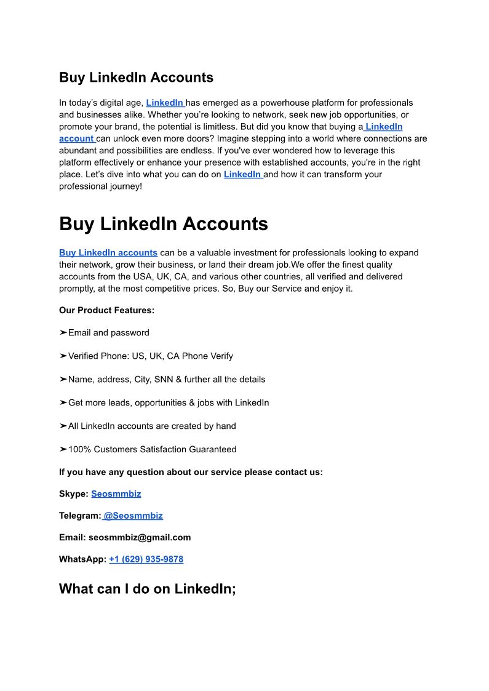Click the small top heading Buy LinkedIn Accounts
click(136, 78)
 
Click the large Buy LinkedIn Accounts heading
click(163, 223)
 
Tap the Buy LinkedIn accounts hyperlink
click(108, 253)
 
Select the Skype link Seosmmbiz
click(116, 493)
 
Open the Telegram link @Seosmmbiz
click(133, 516)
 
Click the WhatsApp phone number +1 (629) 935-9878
click(146, 559)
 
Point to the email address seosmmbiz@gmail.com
click(140, 537)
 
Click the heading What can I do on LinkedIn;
click(148, 589)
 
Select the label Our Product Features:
click(106, 310)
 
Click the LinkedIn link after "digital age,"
click(165, 103)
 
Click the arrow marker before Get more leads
click(63, 403)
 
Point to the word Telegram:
click(79, 516)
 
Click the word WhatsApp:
click(82, 559)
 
